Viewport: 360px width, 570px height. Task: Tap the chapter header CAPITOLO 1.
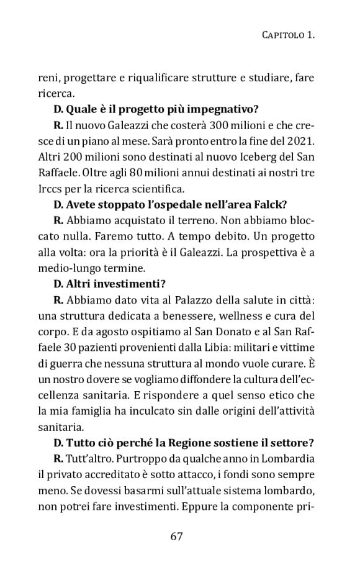[x=285, y=36]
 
